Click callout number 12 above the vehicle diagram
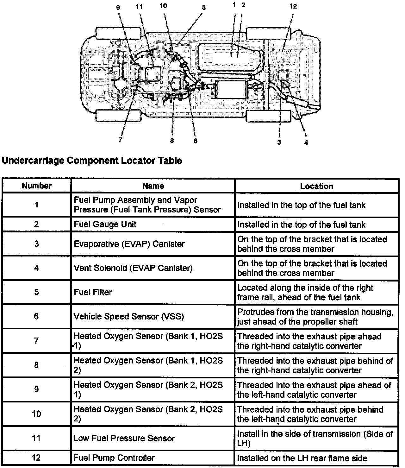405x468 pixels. point(293,6)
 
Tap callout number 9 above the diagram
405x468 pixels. point(118,8)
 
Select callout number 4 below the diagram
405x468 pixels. point(306,143)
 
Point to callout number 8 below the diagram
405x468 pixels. point(172,141)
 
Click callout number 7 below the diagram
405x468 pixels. point(120,140)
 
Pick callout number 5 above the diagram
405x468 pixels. point(204,8)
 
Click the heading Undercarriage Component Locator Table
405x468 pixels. point(92,161)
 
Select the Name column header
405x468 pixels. point(153,186)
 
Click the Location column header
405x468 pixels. point(316,186)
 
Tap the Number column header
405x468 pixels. point(37,186)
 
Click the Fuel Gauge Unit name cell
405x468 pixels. point(105,225)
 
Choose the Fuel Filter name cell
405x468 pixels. point(93,292)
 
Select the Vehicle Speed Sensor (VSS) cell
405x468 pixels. point(129,316)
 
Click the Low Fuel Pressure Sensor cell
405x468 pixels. point(124,438)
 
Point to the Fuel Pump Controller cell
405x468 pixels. point(114,458)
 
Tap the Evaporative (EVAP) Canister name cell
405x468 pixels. point(129,244)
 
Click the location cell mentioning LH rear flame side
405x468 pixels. point(302,458)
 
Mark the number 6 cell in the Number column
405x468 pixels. point(37,316)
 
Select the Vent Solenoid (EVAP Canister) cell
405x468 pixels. point(133,268)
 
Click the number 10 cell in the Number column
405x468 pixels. point(37,414)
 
